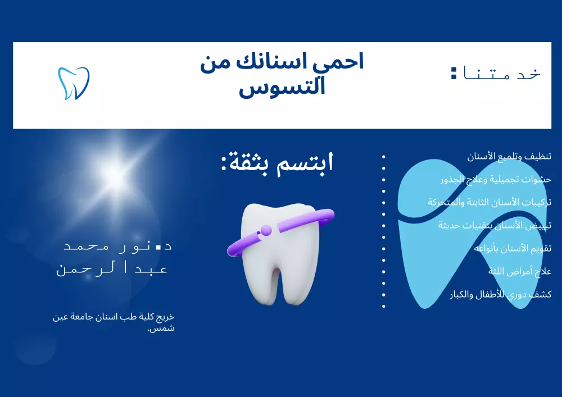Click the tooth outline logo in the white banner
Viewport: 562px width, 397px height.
(x=74, y=83)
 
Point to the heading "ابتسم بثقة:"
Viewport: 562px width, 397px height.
(x=277, y=163)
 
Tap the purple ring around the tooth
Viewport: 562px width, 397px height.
(x=280, y=231)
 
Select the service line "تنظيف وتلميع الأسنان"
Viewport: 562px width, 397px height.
(x=509, y=156)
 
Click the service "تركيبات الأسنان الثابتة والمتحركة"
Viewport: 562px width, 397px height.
(x=490, y=202)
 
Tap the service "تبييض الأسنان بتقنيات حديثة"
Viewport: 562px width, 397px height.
(x=495, y=225)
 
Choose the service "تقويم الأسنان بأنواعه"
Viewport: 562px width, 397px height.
(x=513, y=248)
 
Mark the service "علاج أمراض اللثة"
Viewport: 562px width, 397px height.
(x=520, y=271)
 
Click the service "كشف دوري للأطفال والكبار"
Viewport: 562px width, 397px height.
(x=500, y=294)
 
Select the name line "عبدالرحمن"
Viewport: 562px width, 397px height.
(x=112, y=268)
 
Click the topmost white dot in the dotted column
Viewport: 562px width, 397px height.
(x=384, y=157)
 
